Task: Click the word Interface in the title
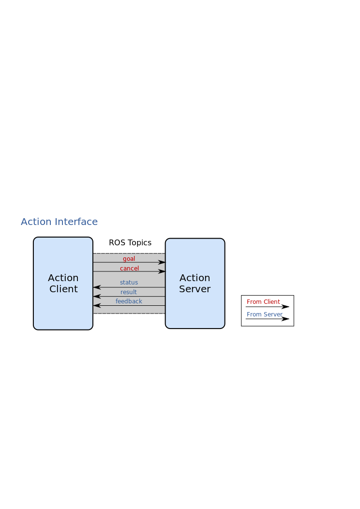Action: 76,222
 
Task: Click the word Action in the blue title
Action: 36,222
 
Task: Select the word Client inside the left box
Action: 63,289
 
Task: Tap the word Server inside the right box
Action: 195,289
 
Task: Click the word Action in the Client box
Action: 63,278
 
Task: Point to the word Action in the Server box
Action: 195,278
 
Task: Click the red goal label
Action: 129,259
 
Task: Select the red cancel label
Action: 129,269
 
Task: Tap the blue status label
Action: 129,283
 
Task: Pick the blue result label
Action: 129,292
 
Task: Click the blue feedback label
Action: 129,301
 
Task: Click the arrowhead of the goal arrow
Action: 162,262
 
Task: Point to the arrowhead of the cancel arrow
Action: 162,271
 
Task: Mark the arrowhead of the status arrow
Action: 97,287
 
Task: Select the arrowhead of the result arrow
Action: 97,296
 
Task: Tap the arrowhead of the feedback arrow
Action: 97,305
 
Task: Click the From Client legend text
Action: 263,302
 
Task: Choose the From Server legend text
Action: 265,314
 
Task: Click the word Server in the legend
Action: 273,314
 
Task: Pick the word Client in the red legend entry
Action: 271,302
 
